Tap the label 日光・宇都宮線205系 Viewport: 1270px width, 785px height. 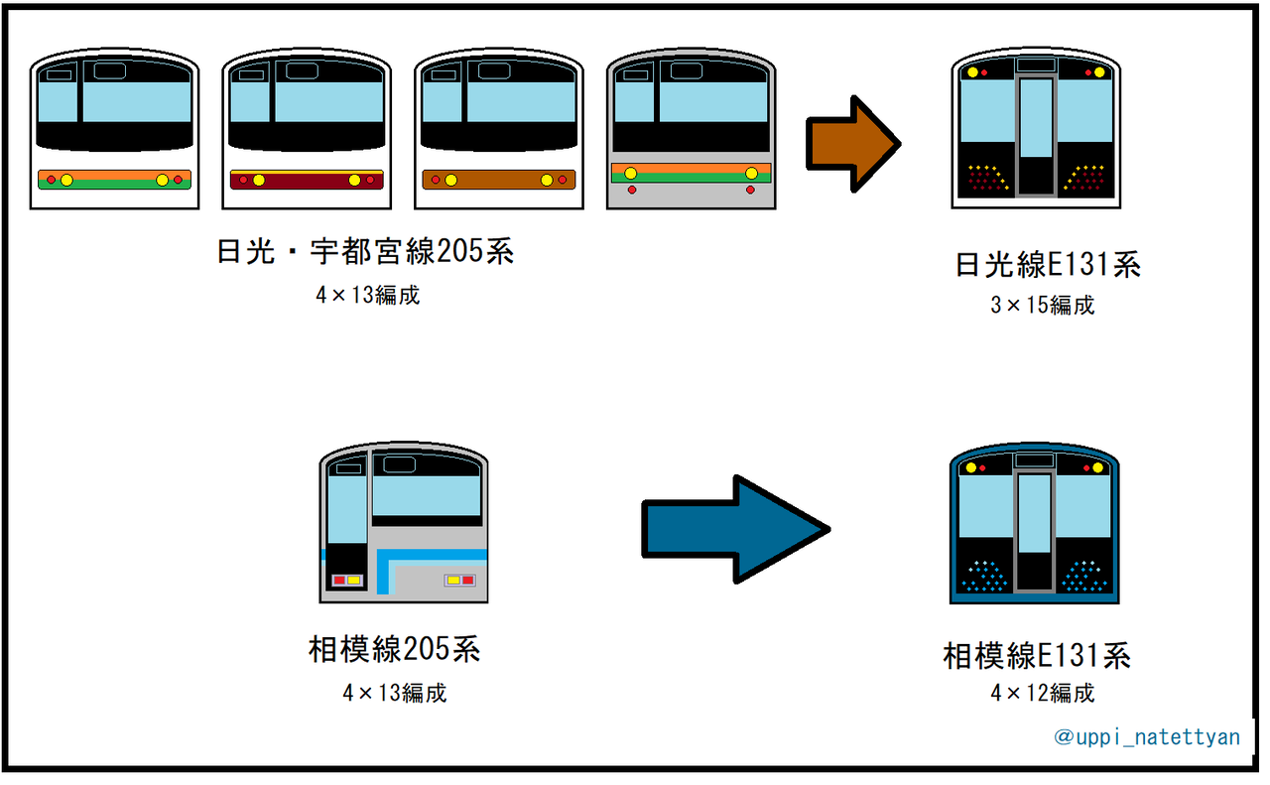pyautogui.click(x=365, y=251)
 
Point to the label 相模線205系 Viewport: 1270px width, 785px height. pyautogui.click(x=395, y=650)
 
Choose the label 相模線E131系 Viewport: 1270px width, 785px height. pyautogui.click(x=1037, y=656)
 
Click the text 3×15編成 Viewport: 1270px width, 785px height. pyautogui.click(x=1042, y=306)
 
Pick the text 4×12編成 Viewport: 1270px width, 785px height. pyautogui.click(x=1042, y=693)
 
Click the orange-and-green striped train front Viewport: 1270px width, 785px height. pyautogui.click(x=114, y=129)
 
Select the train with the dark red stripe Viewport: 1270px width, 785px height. pyautogui.click(x=307, y=129)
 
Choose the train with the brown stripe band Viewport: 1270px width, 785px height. pyautogui.click(x=499, y=129)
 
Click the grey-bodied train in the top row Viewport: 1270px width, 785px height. pyautogui.click(x=691, y=129)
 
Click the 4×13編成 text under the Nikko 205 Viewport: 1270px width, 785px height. pyautogui.click(x=367, y=296)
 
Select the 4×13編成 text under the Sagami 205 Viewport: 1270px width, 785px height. pyautogui.click(x=395, y=693)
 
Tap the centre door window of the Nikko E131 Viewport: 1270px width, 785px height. pyautogui.click(x=1036, y=117)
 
